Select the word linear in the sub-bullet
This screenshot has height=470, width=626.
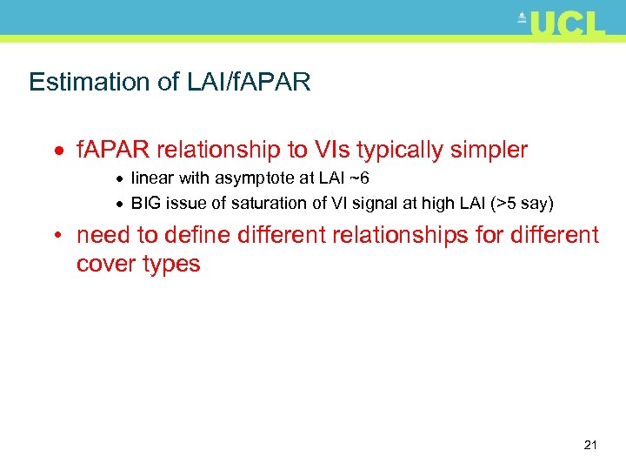pos(151,179)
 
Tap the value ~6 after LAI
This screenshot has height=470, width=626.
pos(359,179)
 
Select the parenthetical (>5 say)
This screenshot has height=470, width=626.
pos(522,205)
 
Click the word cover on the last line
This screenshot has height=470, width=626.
pos(103,265)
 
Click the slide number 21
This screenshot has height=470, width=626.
pos(590,446)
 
